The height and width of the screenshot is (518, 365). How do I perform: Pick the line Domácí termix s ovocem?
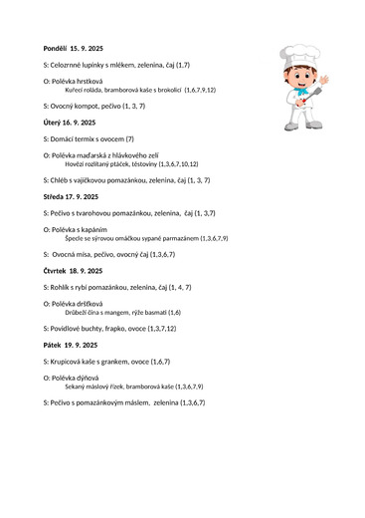point(89,138)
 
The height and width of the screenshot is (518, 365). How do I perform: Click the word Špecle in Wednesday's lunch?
point(75,239)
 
